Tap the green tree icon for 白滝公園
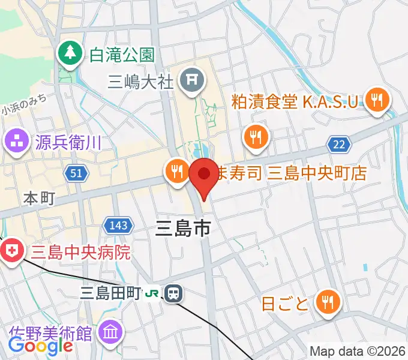(70, 53)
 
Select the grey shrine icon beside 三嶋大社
(193, 78)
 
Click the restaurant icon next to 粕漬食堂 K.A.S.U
(377, 99)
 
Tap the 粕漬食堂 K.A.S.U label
(298, 100)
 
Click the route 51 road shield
(77, 173)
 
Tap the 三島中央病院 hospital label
(80, 251)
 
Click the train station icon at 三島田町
(174, 293)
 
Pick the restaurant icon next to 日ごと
(328, 302)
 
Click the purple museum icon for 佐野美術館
(110, 331)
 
